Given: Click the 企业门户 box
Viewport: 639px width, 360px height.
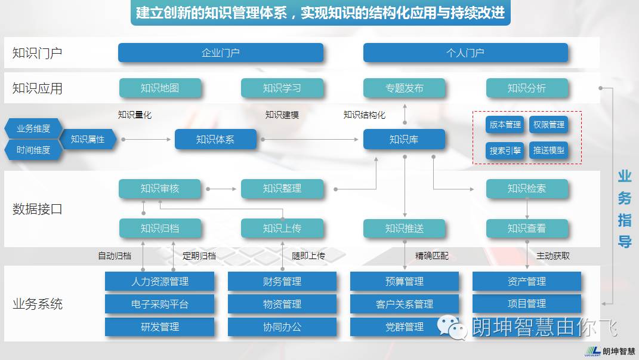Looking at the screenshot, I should click(221, 53).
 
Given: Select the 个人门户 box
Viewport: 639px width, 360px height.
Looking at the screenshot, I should click(465, 53).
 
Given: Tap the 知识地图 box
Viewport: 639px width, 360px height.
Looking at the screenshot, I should click(160, 88).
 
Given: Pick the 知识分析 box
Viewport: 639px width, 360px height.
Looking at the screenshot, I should click(527, 88).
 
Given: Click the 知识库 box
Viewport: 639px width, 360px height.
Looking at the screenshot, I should click(404, 140).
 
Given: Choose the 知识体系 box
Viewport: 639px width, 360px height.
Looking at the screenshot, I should click(215, 140).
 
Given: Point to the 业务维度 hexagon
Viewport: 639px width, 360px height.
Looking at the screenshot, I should click(33, 128).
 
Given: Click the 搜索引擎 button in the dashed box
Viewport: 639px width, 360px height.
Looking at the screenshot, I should click(505, 150).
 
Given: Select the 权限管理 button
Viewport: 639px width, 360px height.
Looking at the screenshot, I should click(548, 125).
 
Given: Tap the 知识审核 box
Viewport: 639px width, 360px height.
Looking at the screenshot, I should click(160, 189).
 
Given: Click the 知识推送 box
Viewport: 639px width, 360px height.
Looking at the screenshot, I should click(405, 228).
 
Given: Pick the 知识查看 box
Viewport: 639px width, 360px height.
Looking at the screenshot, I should click(527, 228).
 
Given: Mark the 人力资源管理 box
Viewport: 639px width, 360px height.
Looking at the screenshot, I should click(159, 281).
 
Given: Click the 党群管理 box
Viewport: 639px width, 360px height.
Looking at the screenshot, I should click(405, 327).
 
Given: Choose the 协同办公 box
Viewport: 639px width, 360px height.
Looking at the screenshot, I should click(282, 327).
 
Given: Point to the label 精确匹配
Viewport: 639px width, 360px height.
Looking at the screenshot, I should click(431, 256).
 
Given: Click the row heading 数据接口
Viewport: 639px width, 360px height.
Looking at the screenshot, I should click(38, 209).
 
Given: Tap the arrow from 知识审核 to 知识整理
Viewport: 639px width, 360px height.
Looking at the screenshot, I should click(221, 189).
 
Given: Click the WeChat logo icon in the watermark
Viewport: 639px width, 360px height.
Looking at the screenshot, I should click(452, 327).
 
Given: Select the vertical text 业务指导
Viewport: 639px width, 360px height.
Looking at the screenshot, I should click(624, 209).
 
